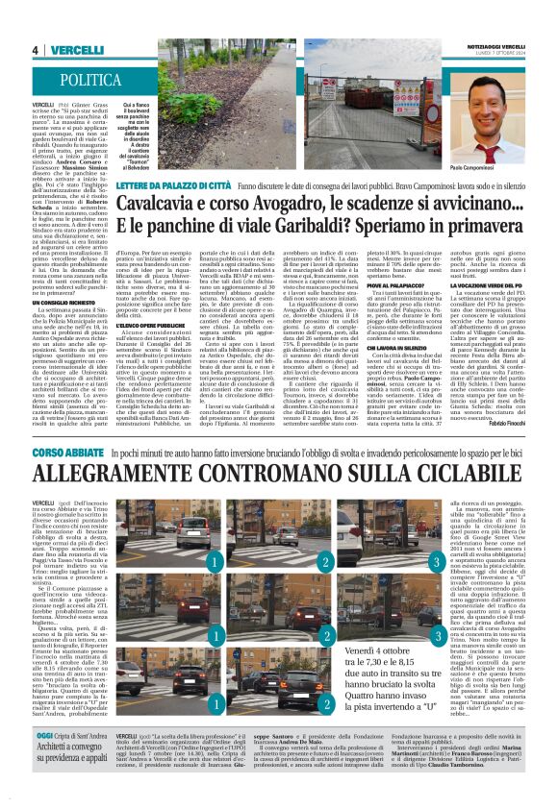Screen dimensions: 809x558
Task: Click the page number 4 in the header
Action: [x=35, y=50]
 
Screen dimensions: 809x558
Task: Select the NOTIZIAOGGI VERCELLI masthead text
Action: [x=496, y=46]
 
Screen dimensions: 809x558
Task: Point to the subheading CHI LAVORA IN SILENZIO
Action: [x=393, y=347]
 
